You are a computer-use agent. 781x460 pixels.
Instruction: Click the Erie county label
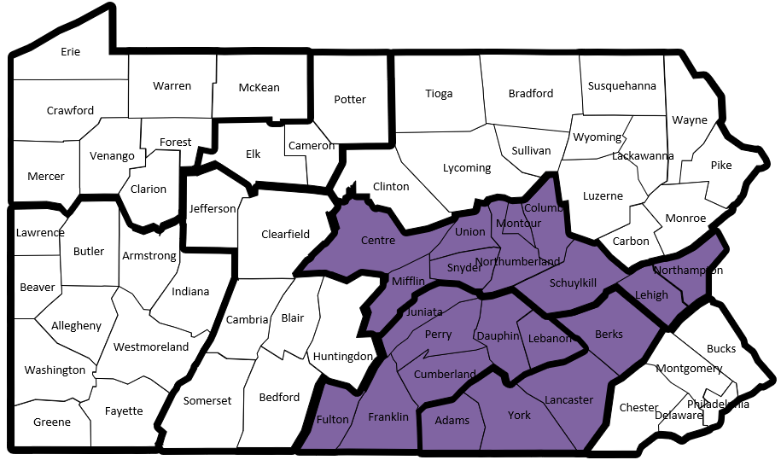[70, 52]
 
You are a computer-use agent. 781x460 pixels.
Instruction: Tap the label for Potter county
[350, 100]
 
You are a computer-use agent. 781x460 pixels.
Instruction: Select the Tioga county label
[439, 94]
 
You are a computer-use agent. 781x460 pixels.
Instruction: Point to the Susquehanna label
[622, 86]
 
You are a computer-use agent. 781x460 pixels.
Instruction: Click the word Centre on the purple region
[378, 241]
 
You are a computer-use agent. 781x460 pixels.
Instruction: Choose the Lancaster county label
[568, 399]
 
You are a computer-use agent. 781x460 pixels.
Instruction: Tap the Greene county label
[52, 422]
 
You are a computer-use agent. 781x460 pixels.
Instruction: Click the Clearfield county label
[285, 234]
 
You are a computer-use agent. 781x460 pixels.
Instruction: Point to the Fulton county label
[332, 420]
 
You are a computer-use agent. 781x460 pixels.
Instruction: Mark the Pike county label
[720, 165]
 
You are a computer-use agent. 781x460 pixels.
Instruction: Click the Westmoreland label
[151, 347]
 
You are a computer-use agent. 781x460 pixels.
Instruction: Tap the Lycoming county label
[467, 168]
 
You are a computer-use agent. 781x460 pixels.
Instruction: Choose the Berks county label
[609, 334]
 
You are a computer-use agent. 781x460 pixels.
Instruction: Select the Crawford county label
[70, 111]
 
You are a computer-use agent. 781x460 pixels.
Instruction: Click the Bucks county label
[720, 349]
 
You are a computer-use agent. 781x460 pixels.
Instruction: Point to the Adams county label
[452, 421]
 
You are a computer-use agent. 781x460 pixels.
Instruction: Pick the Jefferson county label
[213, 209]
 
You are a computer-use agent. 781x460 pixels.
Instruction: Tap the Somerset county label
[207, 401]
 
